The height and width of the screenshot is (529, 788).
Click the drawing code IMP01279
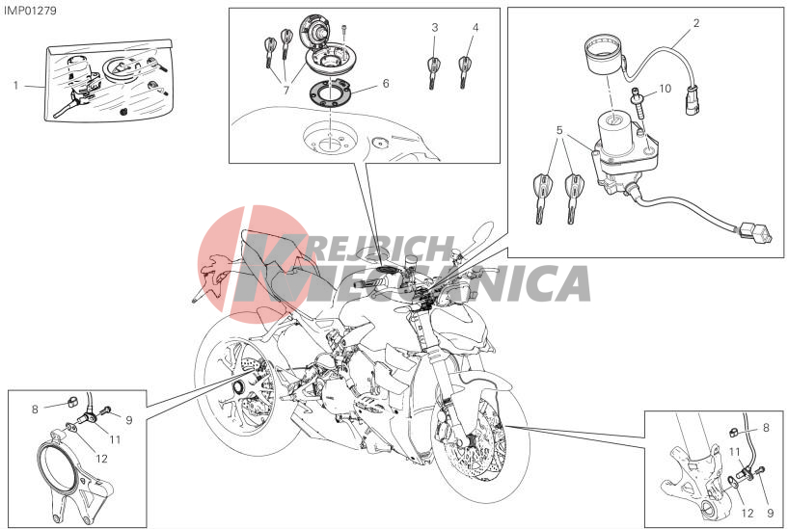coord(30,11)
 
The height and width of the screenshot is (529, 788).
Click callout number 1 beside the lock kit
coord(15,86)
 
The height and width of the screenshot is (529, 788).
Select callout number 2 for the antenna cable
coord(696,23)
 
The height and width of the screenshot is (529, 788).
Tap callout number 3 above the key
coord(435,28)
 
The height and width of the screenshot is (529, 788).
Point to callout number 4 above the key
coord(475,28)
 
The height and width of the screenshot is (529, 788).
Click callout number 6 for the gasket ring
coord(386,83)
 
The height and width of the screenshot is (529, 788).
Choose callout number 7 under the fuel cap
coord(285,91)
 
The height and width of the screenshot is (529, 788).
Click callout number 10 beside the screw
coord(665,89)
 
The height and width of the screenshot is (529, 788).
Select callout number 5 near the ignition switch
coord(559,130)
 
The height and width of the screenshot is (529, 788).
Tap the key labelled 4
coord(464,72)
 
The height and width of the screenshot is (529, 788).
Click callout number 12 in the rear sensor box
coord(101,459)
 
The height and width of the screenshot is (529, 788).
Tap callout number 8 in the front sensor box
coord(766,428)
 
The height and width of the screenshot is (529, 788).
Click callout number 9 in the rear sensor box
coord(129,420)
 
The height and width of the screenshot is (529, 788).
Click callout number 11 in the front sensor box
coord(735,452)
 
